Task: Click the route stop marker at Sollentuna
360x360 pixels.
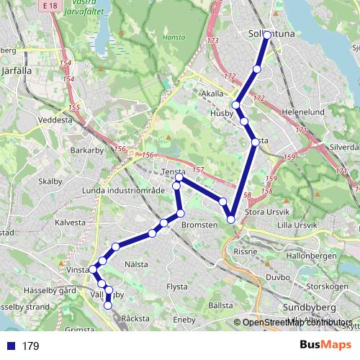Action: [x=267, y=35]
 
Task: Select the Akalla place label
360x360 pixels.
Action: [x=213, y=94]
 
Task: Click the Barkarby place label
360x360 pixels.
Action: [x=88, y=150]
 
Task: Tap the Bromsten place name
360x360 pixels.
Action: [x=199, y=225]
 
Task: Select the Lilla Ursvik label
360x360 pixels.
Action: [x=297, y=225]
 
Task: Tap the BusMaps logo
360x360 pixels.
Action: [x=325, y=346]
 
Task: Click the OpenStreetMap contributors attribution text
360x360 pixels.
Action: [x=297, y=323]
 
